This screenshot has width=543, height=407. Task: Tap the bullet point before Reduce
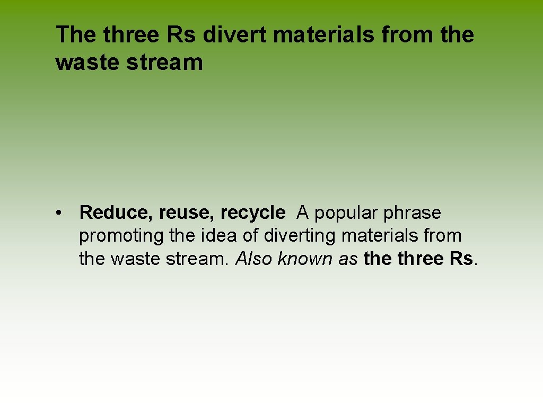click(x=63, y=213)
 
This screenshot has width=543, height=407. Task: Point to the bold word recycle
click(x=253, y=213)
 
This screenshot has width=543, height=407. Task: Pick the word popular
click(x=348, y=213)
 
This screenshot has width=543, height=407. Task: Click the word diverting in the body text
click(x=301, y=236)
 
